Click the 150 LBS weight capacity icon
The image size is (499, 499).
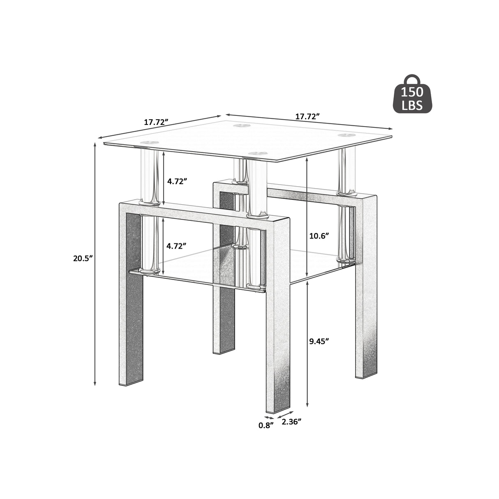tap(413, 98)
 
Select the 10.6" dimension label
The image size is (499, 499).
tap(319, 236)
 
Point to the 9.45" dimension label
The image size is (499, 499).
tap(319, 341)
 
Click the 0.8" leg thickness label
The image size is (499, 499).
tap(266, 425)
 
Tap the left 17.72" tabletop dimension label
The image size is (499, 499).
tap(157, 122)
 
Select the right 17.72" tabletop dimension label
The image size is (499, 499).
tap(307, 116)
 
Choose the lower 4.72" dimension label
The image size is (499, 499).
tap(177, 246)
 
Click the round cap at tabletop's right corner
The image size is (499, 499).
tap(346, 135)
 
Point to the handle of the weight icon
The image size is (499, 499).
tap(412, 80)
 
